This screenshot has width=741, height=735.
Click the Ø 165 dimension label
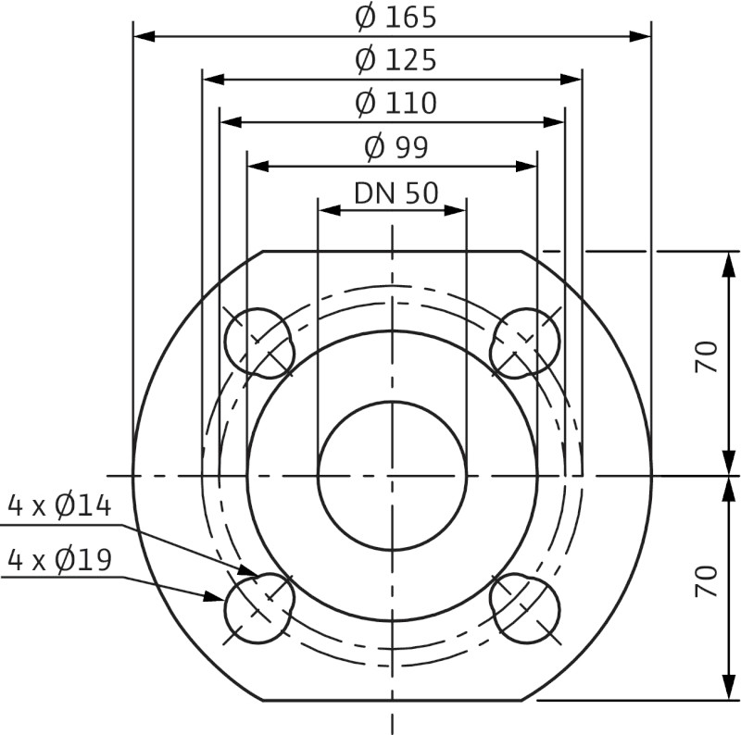point(395,17)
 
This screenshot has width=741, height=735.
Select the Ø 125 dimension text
point(395,60)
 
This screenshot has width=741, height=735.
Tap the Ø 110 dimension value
point(395,103)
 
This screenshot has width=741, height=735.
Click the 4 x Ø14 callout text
point(59,505)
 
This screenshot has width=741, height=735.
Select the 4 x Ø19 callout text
point(59,559)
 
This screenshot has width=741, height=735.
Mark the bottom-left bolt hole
point(257,607)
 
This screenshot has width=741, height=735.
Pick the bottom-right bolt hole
point(525,607)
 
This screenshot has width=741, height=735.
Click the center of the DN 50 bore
point(392,476)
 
